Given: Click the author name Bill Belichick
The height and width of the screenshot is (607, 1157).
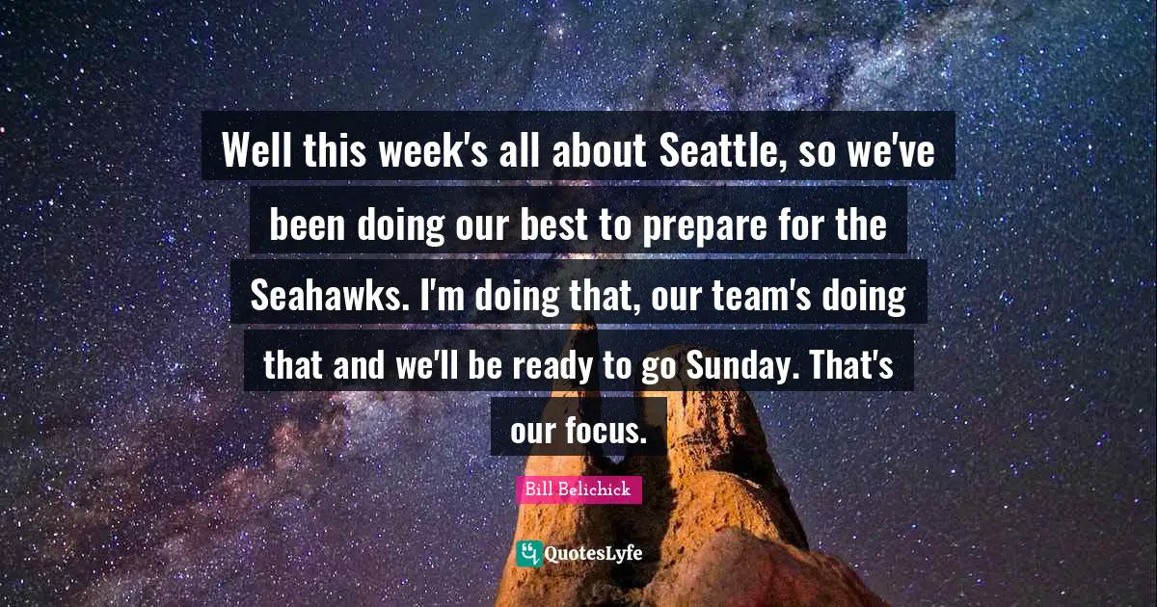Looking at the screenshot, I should (578, 489).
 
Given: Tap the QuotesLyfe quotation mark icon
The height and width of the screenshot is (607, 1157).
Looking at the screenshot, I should (528, 553).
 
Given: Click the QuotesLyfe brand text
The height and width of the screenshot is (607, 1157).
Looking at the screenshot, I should (593, 554).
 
